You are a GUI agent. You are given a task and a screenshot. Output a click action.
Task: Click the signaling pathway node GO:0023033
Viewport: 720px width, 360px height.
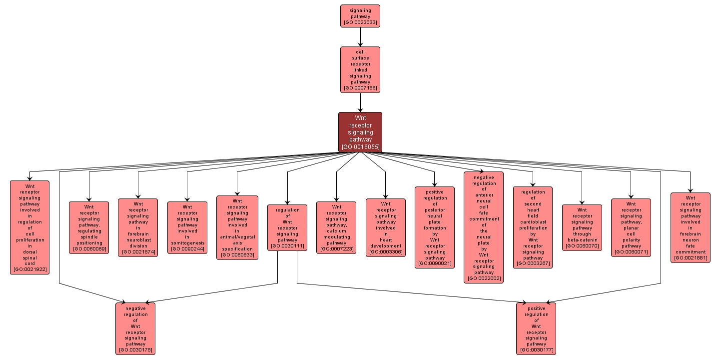[x=360, y=16]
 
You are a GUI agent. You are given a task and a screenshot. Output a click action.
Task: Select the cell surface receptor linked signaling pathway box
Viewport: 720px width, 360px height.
[x=360, y=69]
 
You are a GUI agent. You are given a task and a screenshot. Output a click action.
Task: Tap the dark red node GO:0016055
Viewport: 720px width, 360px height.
[x=360, y=132]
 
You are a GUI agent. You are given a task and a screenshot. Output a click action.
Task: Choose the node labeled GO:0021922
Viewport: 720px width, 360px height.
[x=30, y=227]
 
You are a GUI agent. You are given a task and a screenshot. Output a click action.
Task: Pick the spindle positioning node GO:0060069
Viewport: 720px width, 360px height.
[x=89, y=227]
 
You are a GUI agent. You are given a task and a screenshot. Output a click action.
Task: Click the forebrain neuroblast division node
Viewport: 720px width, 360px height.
[x=138, y=227]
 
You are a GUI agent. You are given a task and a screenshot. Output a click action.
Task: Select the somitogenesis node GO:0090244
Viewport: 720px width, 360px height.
[x=187, y=227]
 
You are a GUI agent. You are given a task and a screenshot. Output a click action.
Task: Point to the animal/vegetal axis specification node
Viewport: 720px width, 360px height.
[x=237, y=227]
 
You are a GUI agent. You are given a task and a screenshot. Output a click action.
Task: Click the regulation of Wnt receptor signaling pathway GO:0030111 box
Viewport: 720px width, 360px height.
[x=287, y=227]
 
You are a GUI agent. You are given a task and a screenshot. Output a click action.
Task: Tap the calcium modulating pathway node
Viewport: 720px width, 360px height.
[x=336, y=227]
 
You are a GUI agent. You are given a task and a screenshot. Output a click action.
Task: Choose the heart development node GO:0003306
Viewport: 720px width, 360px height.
[x=386, y=227]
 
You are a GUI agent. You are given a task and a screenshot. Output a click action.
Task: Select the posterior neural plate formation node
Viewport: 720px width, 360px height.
[x=435, y=227]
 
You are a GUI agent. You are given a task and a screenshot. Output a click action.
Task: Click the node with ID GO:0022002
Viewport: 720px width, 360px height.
[x=484, y=227]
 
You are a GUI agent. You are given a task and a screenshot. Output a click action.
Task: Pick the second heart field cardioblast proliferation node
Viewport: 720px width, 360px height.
[x=533, y=227]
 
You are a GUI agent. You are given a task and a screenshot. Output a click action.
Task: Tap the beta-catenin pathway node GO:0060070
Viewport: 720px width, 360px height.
[x=582, y=227]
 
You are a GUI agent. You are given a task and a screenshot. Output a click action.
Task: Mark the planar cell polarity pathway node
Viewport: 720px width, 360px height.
[x=631, y=227]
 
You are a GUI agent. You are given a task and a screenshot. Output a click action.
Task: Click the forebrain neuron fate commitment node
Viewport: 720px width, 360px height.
[x=690, y=227]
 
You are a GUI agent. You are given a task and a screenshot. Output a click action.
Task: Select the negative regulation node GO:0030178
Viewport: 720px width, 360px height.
[x=135, y=328]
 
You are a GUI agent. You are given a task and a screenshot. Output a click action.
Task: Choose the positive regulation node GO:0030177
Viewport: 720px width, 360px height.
[x=536, y=328]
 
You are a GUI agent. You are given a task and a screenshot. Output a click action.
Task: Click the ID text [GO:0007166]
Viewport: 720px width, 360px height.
[x=360, y=88]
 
